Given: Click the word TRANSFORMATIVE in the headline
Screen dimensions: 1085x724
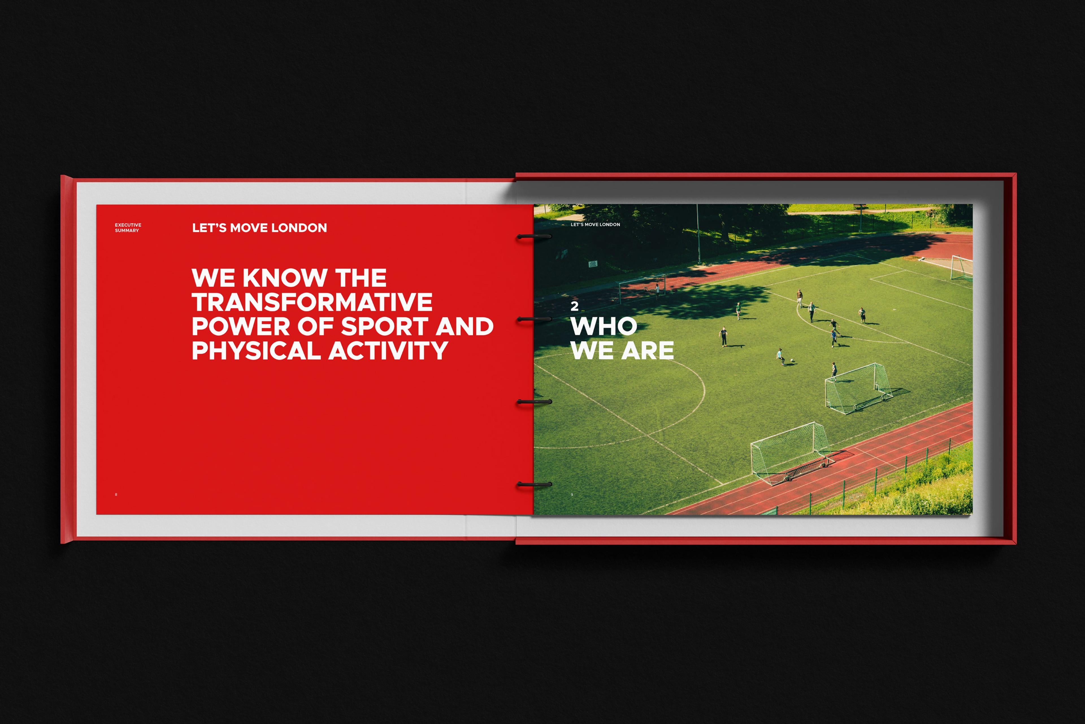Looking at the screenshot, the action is (312, 302).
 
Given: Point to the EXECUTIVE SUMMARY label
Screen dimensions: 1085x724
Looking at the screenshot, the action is (128, 228).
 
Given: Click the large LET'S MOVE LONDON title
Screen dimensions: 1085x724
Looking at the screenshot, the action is (259, 228).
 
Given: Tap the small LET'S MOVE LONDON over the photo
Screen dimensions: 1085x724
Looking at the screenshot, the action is (595, 224).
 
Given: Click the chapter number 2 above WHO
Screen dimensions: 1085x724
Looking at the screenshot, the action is (574, 306).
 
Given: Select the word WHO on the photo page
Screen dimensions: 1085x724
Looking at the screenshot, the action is (604, 326).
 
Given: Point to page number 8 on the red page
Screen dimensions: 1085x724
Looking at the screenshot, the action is (116, 495).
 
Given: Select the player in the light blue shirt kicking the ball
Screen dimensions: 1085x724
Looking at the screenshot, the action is (780, 356).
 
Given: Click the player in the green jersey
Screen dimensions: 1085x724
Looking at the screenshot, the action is (738, 311).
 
